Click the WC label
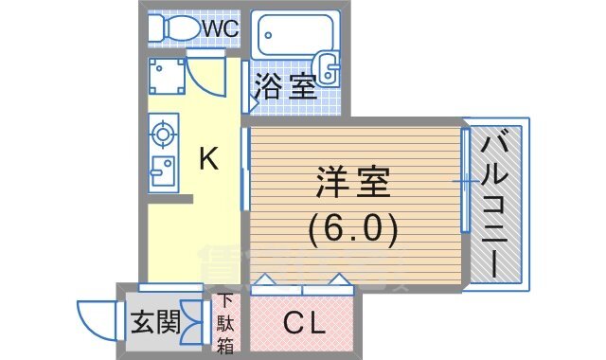[220, 28]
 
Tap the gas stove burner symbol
[162, 134]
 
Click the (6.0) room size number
[353, 227]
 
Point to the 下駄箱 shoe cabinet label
[226, 324]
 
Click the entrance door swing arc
[95, 320]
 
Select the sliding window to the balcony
[465, 180]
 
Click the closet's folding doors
[303, 281]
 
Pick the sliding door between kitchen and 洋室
[245, 171]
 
